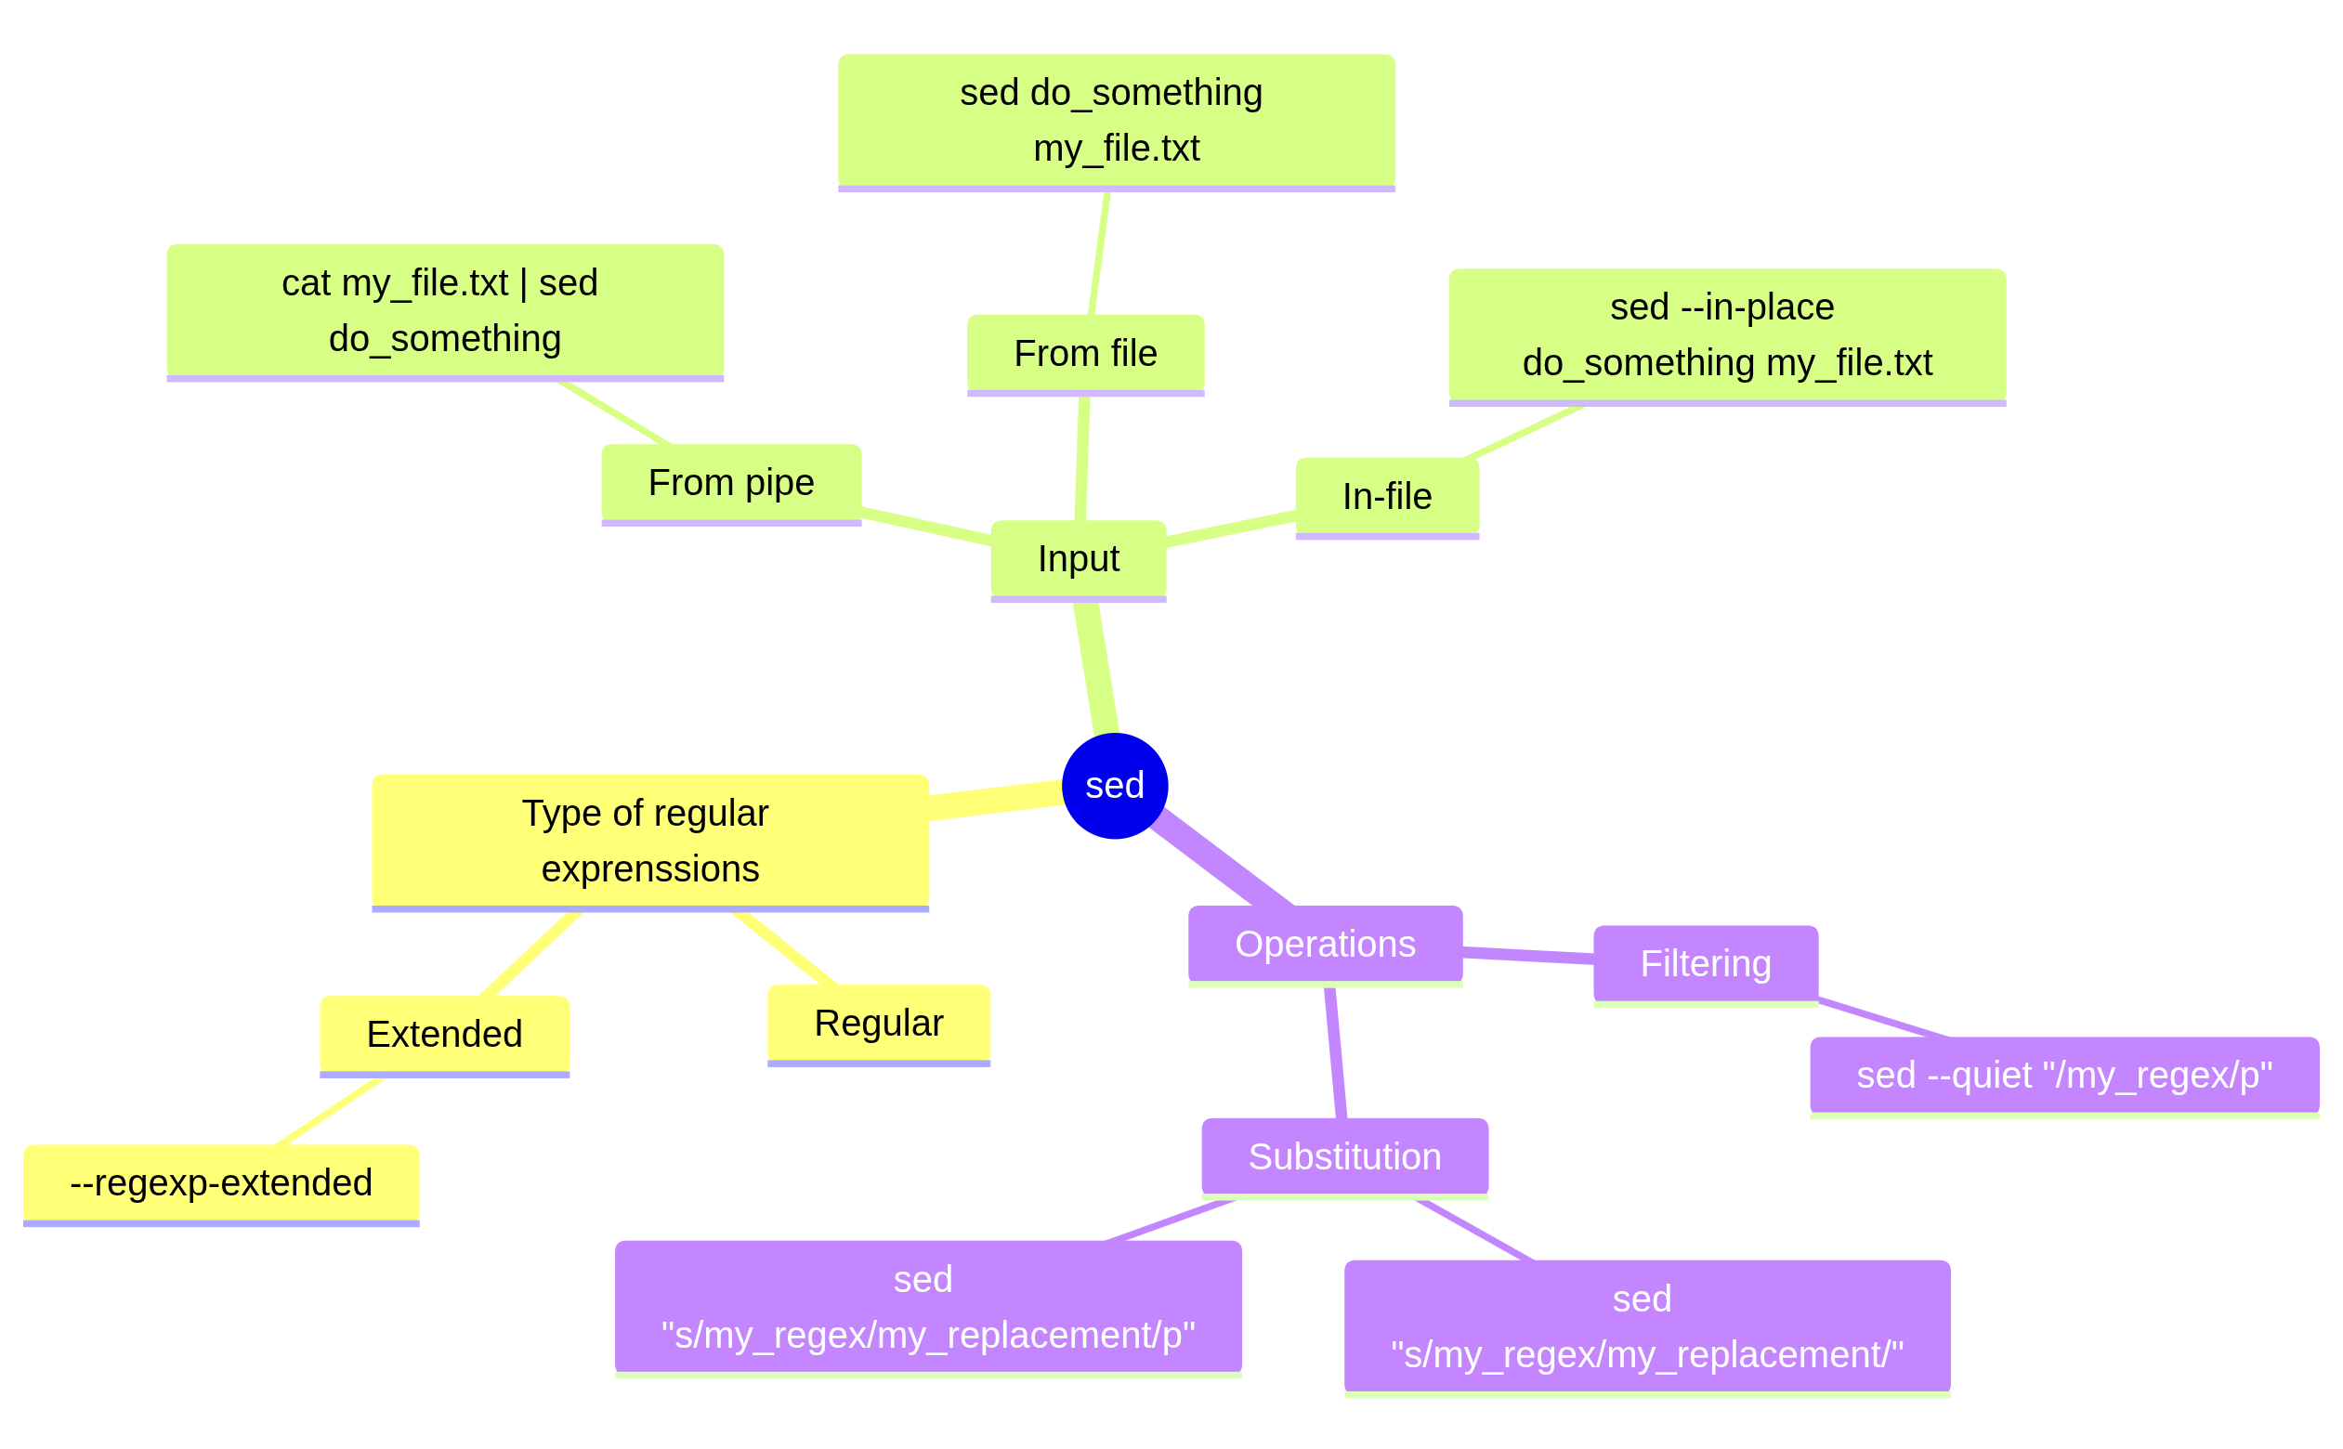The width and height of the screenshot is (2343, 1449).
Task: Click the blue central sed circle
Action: tap(1115, 786)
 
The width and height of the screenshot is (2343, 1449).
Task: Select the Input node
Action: tap(1078, 559)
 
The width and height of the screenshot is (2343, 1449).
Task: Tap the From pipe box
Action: tap(731, 483)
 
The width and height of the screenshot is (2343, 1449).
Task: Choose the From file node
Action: tap(1085, 354)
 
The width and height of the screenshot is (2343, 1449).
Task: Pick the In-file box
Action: tap(1387, 496)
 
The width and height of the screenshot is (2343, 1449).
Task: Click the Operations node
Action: tap(1325, 944)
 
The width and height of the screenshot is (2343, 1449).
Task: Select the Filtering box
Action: tap(1705, 963)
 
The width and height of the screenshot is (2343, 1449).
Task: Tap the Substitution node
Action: tap(1344, 1156)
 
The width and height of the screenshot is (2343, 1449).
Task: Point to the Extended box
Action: tap(445, 1034)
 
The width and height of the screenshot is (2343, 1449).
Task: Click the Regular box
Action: tap(878, 1023)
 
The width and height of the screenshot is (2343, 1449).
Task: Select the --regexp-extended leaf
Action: tap(221, 1182)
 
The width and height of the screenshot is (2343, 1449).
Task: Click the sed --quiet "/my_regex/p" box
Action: tap(2064, 1076)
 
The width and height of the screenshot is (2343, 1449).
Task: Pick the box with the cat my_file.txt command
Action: tap(445, 310)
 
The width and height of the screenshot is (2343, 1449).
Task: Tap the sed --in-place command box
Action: tap(1727, 334)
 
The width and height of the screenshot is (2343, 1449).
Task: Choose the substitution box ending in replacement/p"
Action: tap(927, 1307)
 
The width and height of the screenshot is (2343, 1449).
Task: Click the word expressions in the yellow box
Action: tap(649, 869)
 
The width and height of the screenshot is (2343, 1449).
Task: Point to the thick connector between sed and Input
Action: tap(1096, 668)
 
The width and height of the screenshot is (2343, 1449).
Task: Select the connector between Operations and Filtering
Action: tap(1527, 955)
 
